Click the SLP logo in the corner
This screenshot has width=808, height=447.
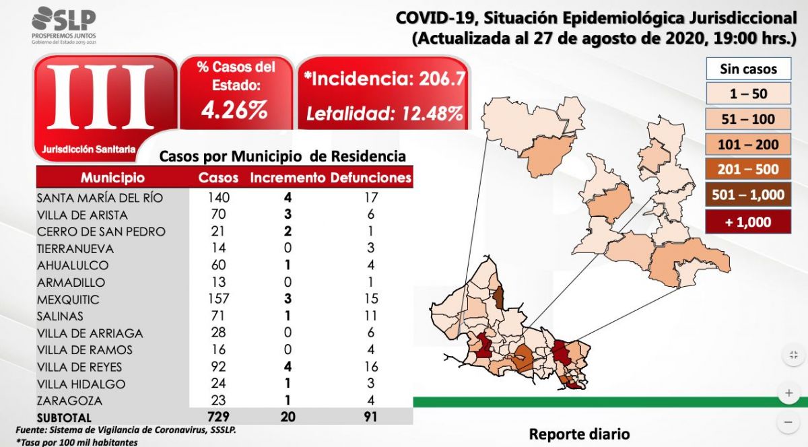tap(64, 26)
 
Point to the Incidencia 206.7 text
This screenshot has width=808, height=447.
tap(384, 79)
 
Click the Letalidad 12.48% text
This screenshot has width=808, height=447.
tap(384, 113)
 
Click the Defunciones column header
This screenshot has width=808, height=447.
tap(371, 178)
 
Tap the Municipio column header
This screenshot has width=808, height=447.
tap(112, 178)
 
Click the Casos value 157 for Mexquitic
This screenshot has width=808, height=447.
tap(218, 299)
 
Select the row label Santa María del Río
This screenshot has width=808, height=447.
tap(100, 198)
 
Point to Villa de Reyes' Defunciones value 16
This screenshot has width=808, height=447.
tap(370, 367)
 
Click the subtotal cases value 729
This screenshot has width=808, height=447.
tap(218, 418)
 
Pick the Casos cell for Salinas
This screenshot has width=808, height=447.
tap(218, 316)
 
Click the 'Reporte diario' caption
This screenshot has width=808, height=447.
tap(579, 434)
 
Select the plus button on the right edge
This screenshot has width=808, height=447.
tap(788, 392)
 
